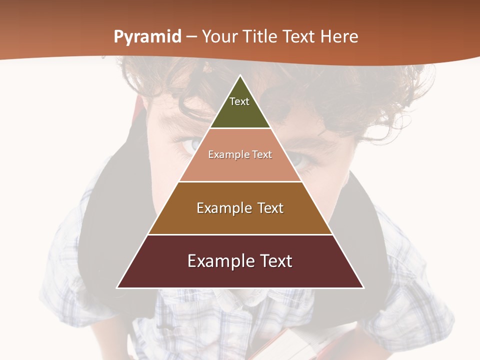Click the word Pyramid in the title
tap(147, 37)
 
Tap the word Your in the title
tap(220, 37)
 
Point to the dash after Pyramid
tap(191, 37)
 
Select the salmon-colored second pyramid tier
tap(240, 167)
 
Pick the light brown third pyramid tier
tap(240, 220)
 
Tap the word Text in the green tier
tap(239, 101)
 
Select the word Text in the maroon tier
tap(274, 261)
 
